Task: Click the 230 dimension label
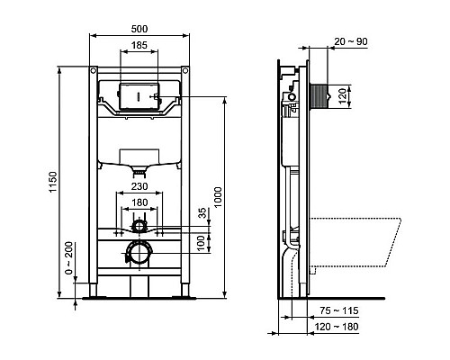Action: click(139, 186)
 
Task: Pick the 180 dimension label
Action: click(139, 203)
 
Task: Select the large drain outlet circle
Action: click(139, 253)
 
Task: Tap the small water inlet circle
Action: click(139, 224)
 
